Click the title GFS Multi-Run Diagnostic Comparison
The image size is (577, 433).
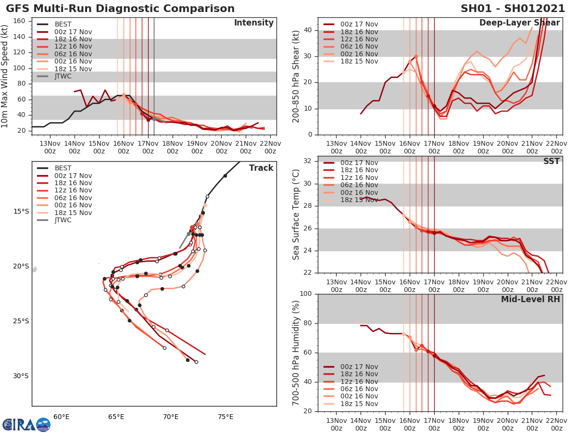pos(120,9)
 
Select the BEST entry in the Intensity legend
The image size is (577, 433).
pos(63,24)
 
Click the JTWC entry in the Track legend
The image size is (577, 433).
pos(63,220)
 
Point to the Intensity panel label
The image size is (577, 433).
pos(253,23)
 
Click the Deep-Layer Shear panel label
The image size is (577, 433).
pos(519,23)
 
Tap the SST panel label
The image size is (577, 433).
pos(551,161)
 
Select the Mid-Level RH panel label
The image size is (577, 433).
pos(530,299)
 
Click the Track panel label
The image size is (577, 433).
pos(261,168)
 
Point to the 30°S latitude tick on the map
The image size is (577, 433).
pos(21,376)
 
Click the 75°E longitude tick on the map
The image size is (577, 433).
pos(225,417)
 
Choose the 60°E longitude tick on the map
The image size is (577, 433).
pos(61,417)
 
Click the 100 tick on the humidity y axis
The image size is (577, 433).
pos(304,294)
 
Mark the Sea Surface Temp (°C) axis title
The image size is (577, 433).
pos(296,214)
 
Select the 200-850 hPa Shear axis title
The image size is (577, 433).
pos(296,76)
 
